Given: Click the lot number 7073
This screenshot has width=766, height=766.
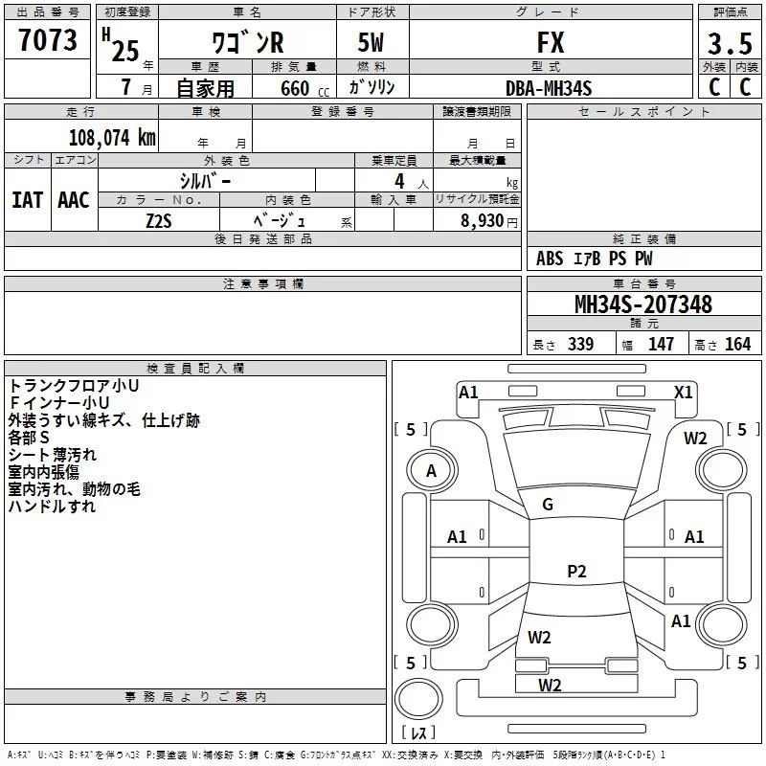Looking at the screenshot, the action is click(x=48, y=41).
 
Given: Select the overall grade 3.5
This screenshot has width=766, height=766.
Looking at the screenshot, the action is click(x=729, y=44).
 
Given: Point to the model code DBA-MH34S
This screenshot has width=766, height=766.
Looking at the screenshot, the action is click(x=549, y=88).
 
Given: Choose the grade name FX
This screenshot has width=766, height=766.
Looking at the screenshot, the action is click(x=551, y=43).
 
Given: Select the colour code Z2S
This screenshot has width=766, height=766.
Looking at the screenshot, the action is click(x=158, y=220).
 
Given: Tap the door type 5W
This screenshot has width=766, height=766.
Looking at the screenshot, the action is click(x=372, y=43).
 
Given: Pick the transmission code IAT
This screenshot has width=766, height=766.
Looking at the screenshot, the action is click(x=27, y=199).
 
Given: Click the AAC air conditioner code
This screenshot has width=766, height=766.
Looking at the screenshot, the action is click(x=74, y=199).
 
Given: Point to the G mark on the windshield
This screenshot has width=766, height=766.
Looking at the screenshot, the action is click(x=548, y=505).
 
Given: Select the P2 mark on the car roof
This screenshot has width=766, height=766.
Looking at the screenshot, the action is click(x=575, y=572).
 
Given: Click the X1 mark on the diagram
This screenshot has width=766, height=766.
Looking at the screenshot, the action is click(x=684, y=392).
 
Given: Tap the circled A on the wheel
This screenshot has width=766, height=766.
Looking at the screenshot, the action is click(x=431, y=471).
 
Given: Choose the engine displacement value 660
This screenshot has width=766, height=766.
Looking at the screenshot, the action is click(x=295, y=88).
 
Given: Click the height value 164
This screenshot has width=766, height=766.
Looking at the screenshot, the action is click(x=737, y=344).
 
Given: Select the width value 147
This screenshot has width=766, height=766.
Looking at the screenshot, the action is click(x=661, y=344).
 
